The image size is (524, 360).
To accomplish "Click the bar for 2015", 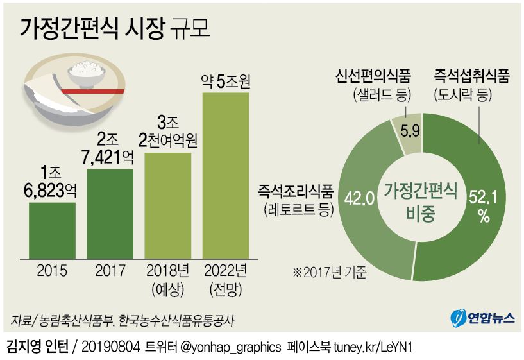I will [52, 230].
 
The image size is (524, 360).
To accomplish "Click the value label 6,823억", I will [52, 191].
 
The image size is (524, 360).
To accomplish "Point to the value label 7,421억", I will [110, 155].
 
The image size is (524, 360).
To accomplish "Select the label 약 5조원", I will [225, 81].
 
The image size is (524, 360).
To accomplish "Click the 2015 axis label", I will [52, 270].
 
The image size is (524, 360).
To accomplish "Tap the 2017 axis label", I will [110, 270].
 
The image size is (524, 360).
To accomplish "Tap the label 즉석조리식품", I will [296, 191].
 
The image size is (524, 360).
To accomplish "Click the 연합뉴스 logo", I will [478, 318].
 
